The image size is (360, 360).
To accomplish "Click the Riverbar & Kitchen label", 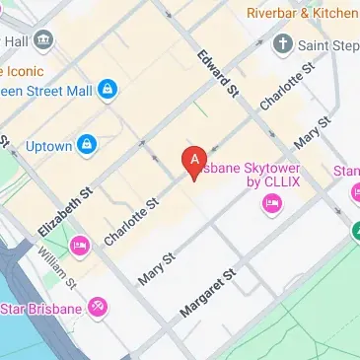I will [x=301, y=14].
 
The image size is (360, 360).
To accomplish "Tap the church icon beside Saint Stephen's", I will [x=283, y=44].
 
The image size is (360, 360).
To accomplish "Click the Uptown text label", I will [x=48, y=146].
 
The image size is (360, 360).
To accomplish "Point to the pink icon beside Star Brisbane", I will [x=97, y=308].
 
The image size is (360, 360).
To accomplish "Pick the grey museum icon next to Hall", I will [x=43, y=41].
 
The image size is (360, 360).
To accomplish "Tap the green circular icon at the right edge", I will [x=354, y=231].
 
